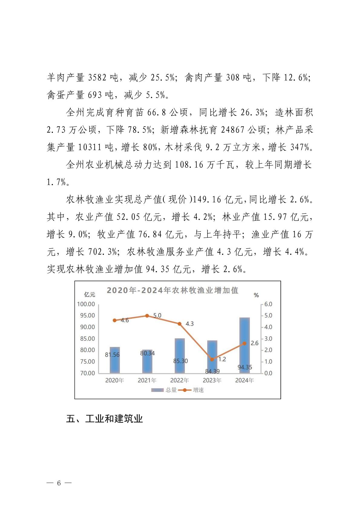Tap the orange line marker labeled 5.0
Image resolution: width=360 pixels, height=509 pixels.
tap(147, 316)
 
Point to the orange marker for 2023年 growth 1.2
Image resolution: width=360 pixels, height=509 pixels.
tap(212, 360)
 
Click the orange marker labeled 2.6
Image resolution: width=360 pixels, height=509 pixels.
tap(244, 344)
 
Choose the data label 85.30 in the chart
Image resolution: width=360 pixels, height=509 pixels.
tap(181, 361)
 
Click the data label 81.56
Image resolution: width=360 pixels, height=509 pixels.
tap(112, 355)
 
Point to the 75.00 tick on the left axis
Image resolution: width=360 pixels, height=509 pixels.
tap(87, 362)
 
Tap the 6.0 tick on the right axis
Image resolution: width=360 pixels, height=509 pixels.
tap(268, 304)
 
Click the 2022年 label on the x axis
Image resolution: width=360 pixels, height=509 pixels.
tap(179, 380)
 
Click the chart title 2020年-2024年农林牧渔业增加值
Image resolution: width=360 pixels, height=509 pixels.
tap(172, 290)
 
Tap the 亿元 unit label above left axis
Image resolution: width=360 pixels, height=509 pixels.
tap(90, 295)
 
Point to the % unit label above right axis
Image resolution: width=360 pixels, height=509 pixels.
tap(256, 295)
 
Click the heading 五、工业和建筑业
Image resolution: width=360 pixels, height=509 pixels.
tap(104, 419)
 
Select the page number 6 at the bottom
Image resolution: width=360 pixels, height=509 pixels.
tap(59, 483)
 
